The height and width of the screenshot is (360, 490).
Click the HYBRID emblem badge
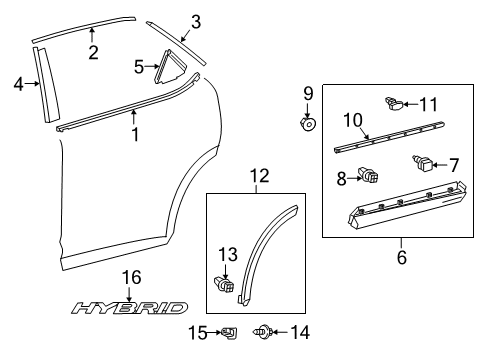click(x=129, y=308)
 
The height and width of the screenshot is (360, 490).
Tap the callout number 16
click(x=131, y=277)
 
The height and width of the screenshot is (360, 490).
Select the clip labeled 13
click(x=224, y=285)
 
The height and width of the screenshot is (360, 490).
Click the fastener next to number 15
click(x=230, y=332)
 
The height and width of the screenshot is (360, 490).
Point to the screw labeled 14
click(x=263, y=332)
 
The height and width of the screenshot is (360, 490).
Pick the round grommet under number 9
click(x=308, y=124)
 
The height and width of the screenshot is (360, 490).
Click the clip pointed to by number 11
click(x=394, y=104)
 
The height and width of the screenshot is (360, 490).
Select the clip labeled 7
click(x=423, y=163)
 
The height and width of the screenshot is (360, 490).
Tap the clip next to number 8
click(x=368, y=175)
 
